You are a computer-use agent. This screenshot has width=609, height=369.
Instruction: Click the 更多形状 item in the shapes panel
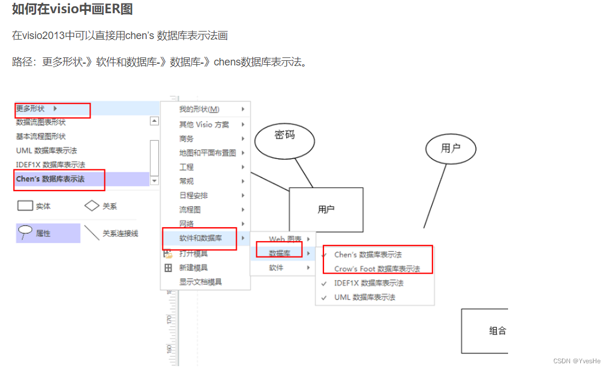pyautogui.click(x=31, y=108)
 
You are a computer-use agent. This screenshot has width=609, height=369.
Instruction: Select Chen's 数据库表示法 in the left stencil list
pyautogui.click(x=50, y=179)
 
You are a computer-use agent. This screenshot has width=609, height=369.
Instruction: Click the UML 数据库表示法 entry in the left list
pyautogui.click(x=46, y=150)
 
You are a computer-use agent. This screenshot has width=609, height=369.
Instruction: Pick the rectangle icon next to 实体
pyautogui.click(x=25, y=205)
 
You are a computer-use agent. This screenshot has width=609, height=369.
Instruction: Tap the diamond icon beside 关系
pyautogui.click(x=92, y=205)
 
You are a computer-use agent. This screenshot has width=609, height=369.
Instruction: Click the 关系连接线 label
pyautogui.click(x=120, y=234)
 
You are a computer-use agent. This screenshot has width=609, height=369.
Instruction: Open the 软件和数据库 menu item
pyautogui.click(x=201, y=238)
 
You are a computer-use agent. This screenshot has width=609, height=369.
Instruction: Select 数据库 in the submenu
pyautogui.click(x=280, y=253)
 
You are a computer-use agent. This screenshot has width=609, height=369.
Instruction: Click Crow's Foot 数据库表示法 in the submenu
pyautogui.click(x=377, y=269)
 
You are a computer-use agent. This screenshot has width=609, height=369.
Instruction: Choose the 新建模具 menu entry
pyautogui.click(x=193, y=267)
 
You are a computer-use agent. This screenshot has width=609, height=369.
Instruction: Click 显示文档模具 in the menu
pyautogui.click(x=201, y=282)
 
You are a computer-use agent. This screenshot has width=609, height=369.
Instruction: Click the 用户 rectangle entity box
pyautogui.click(x=326, y=209)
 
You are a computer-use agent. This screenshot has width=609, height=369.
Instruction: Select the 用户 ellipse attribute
pyautogui.click(x=450, y=149)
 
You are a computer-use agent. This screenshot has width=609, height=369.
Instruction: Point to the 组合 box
pyautogui.click(x=485, y=331)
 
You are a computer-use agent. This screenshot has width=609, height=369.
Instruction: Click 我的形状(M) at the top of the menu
pyautogui.click(x=199, y=109)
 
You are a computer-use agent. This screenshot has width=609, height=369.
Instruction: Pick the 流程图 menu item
pyautogui.click(x=190, y=209)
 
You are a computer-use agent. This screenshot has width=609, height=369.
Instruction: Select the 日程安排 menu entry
pyautogui.click(x=193, y=195)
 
